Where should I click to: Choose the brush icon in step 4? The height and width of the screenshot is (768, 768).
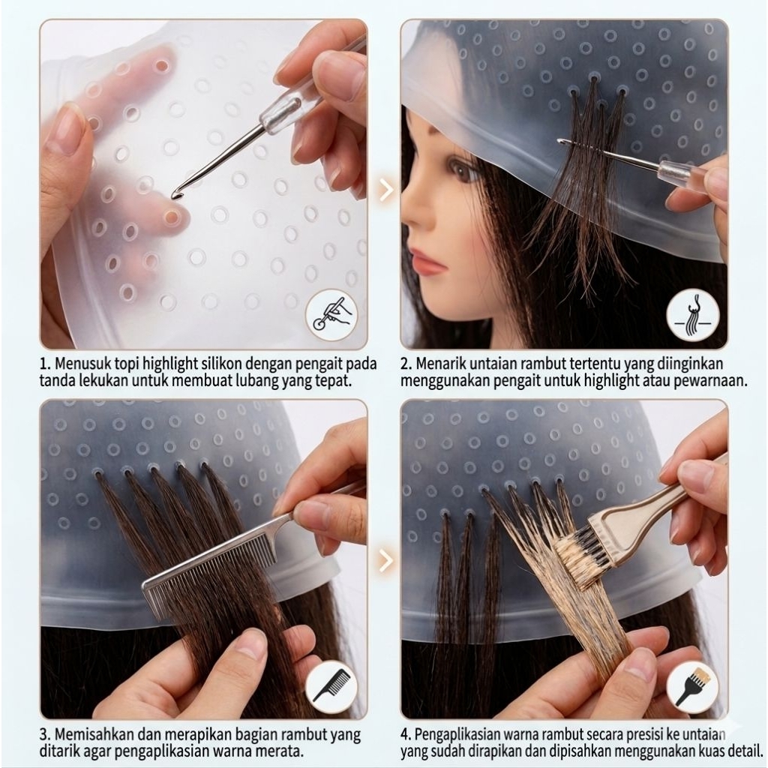(x=692, y=685)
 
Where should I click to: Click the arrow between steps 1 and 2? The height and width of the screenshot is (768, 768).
(x=385, y=189)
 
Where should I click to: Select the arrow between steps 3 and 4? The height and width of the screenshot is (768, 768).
(x=385, y=559)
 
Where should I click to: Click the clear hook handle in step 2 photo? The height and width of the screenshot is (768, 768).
(x=679, y=175)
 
